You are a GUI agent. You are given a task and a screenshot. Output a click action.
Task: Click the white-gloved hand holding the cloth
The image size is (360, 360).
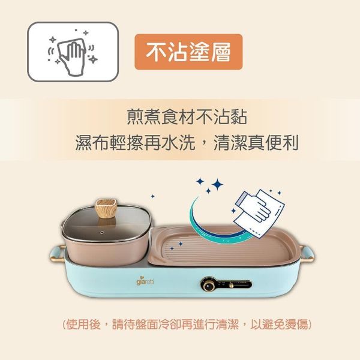(258, 211)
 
